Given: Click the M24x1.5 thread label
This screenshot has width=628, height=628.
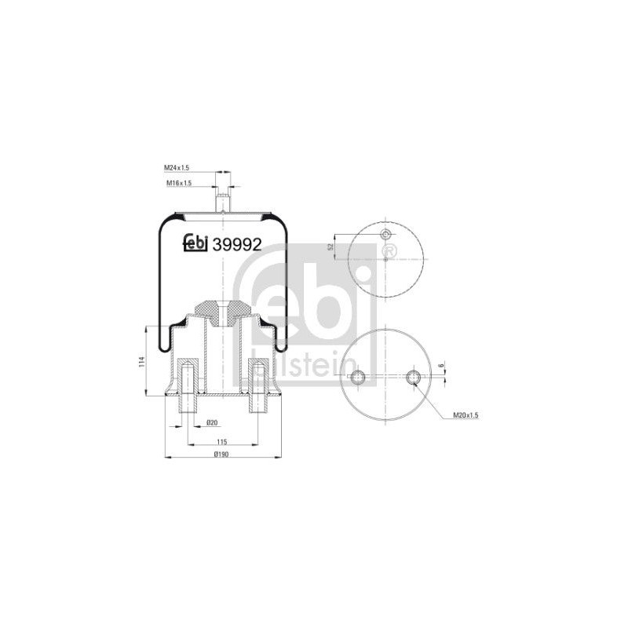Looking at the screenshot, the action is (x=176, y=167).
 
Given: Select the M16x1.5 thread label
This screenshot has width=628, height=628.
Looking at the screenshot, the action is (x=179, y=183).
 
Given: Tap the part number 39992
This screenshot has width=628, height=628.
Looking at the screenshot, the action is (x=237, y=244).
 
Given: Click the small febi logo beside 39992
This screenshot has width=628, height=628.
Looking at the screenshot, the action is (x=195, y=243).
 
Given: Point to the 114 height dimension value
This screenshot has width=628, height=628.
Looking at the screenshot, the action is (x=141, y=362).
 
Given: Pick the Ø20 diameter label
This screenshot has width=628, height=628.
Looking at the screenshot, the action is (x=211, y=422).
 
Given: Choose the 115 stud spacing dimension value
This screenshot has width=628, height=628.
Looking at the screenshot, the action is (x=221, y=442).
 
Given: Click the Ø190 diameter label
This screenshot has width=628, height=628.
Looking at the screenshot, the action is (x=221, y=455).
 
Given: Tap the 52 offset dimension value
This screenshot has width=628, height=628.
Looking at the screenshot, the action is (x=330, y=246).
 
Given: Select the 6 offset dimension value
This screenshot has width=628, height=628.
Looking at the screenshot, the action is (x=440, y=366).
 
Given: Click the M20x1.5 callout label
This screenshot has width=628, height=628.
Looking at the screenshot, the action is (x=466, y=415).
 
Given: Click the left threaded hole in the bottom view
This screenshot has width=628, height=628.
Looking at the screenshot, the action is (x=358, y=377).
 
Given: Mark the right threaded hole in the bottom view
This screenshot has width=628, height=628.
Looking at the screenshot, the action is (x=413, y=377).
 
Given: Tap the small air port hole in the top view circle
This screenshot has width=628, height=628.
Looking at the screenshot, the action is (x=385, y=234).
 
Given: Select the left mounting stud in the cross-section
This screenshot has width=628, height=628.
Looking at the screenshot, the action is (x=187, y=385).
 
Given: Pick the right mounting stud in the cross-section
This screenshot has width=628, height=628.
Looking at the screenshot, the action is (x=258, y=385).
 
